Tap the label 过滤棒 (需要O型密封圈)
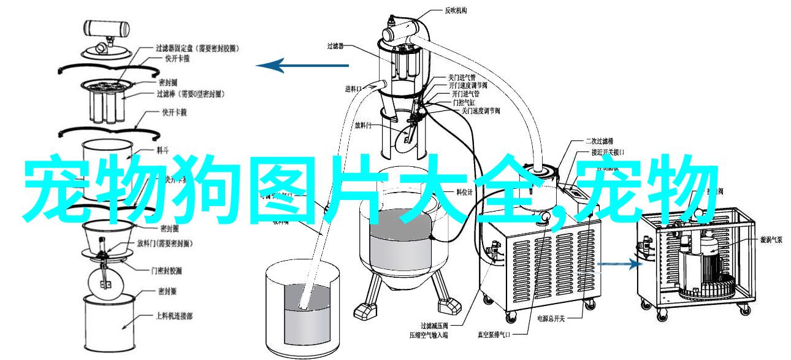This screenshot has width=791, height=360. (189, 94)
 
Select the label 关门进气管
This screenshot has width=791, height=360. (459, 78)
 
